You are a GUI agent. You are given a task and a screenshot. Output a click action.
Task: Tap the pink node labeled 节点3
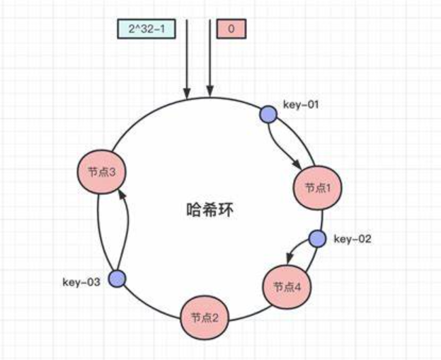100,170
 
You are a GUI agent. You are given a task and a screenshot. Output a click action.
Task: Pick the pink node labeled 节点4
287,286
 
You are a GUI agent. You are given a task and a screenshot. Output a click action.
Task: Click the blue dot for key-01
268,115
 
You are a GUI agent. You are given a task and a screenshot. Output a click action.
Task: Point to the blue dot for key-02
317,239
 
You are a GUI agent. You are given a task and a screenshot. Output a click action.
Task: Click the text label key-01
302,105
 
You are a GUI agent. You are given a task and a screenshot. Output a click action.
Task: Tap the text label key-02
353,238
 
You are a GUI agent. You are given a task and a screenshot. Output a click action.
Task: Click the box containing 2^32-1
147,29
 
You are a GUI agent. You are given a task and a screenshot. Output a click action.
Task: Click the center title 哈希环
209,210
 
